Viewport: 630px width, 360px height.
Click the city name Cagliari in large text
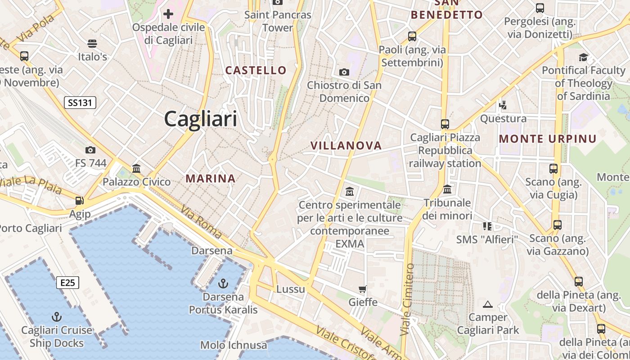pos(200,119)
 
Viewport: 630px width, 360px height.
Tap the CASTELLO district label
pos(256,70)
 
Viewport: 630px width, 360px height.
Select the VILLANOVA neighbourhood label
pos(346,145)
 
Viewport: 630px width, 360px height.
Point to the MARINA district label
pos(211,179)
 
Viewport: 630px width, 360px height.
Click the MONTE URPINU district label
pos(548,139)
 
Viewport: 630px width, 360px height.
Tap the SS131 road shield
pos(80,103)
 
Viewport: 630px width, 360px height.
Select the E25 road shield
pos(67,283)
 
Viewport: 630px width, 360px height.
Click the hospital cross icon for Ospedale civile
pos(168,14)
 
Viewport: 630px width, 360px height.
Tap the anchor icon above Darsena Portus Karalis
pos(223,283)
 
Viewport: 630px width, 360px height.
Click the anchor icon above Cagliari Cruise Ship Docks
pos(57,316)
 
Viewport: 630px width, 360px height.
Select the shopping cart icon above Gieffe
pos(363,288)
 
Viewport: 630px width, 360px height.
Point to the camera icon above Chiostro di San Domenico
pos(344,72)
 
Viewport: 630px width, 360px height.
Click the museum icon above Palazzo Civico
pos(136,168)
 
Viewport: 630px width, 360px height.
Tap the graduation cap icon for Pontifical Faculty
pos(583,57)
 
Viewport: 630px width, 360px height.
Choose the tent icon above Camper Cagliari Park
pos(488,304)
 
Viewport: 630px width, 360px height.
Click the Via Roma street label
pos(201,222)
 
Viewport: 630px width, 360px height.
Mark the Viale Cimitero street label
pos(407,299)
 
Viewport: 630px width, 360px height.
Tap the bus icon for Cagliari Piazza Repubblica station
pos(445,124)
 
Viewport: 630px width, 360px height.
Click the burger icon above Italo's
pos(92,44)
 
